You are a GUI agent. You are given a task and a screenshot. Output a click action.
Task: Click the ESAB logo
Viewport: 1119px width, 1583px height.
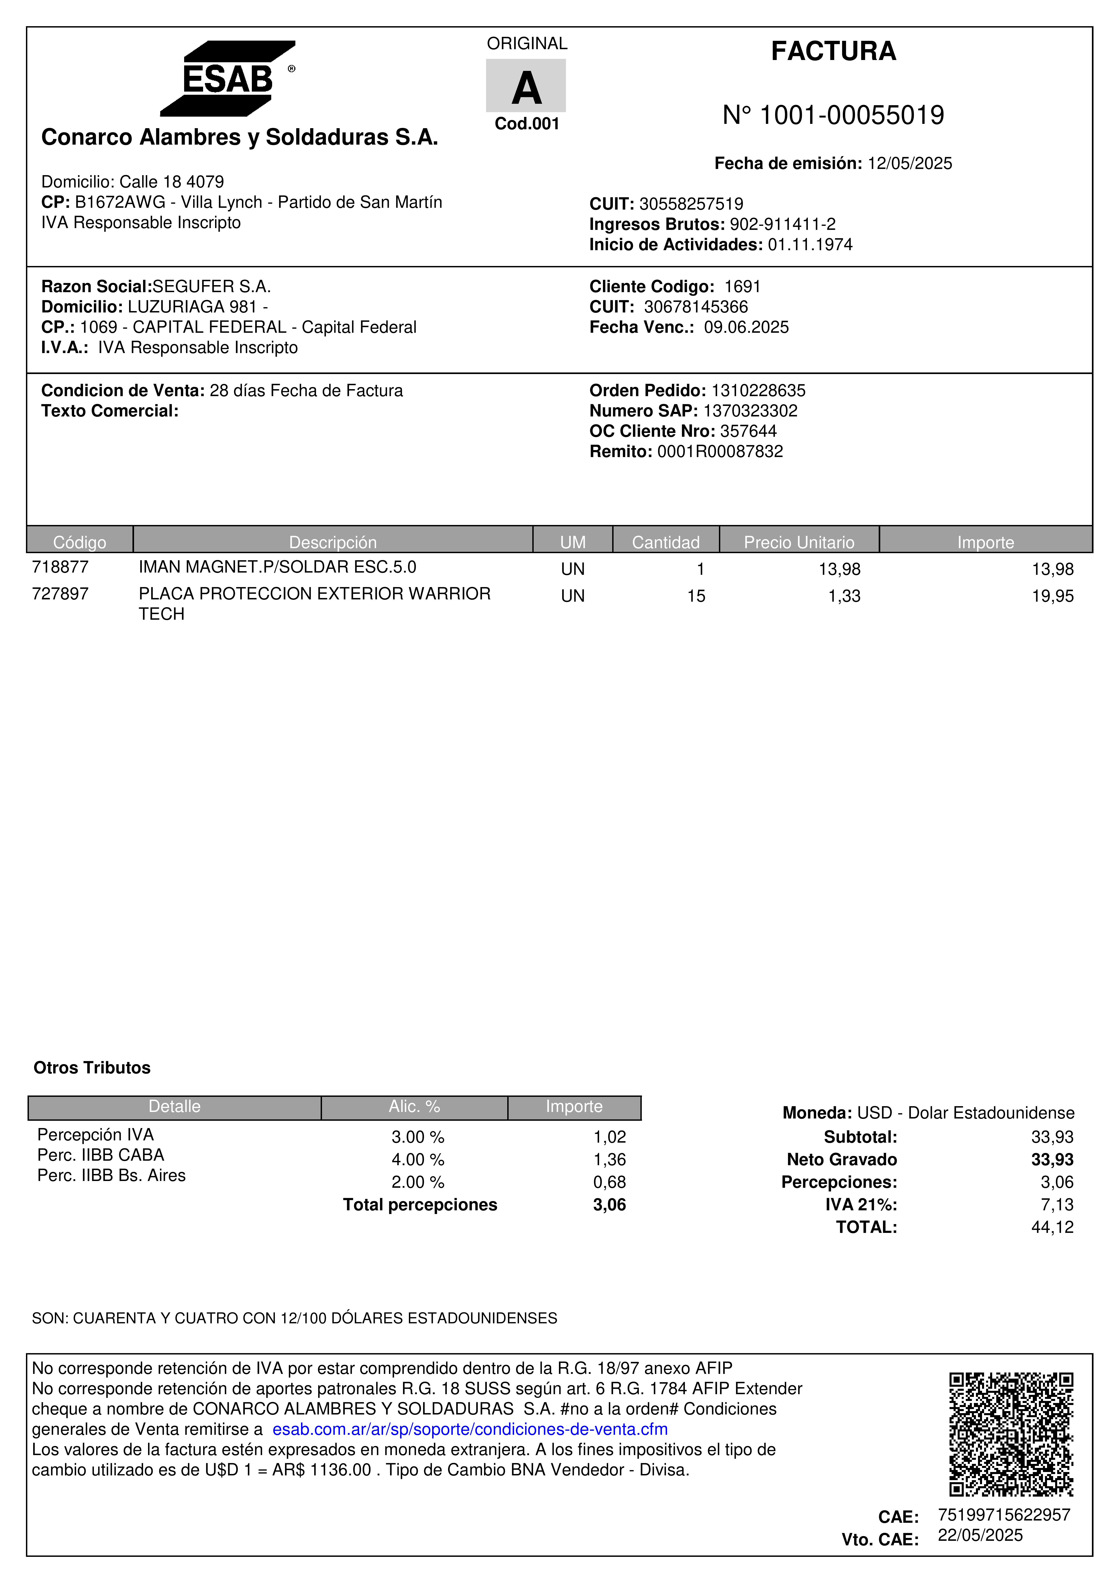tap(228, 79)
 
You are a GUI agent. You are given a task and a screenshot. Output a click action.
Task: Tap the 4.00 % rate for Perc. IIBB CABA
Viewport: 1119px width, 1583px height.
tap(418, 1160)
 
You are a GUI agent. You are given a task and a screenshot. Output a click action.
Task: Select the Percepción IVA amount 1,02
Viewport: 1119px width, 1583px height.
tap(609, 1137)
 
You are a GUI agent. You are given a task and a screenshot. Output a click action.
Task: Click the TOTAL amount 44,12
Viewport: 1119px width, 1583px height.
tap(1052, 1227)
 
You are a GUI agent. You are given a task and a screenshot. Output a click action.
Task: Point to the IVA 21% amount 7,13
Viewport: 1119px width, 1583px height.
tap(1056, 1204)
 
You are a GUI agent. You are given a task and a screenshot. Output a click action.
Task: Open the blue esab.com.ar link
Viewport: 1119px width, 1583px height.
tap(470, 1429)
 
